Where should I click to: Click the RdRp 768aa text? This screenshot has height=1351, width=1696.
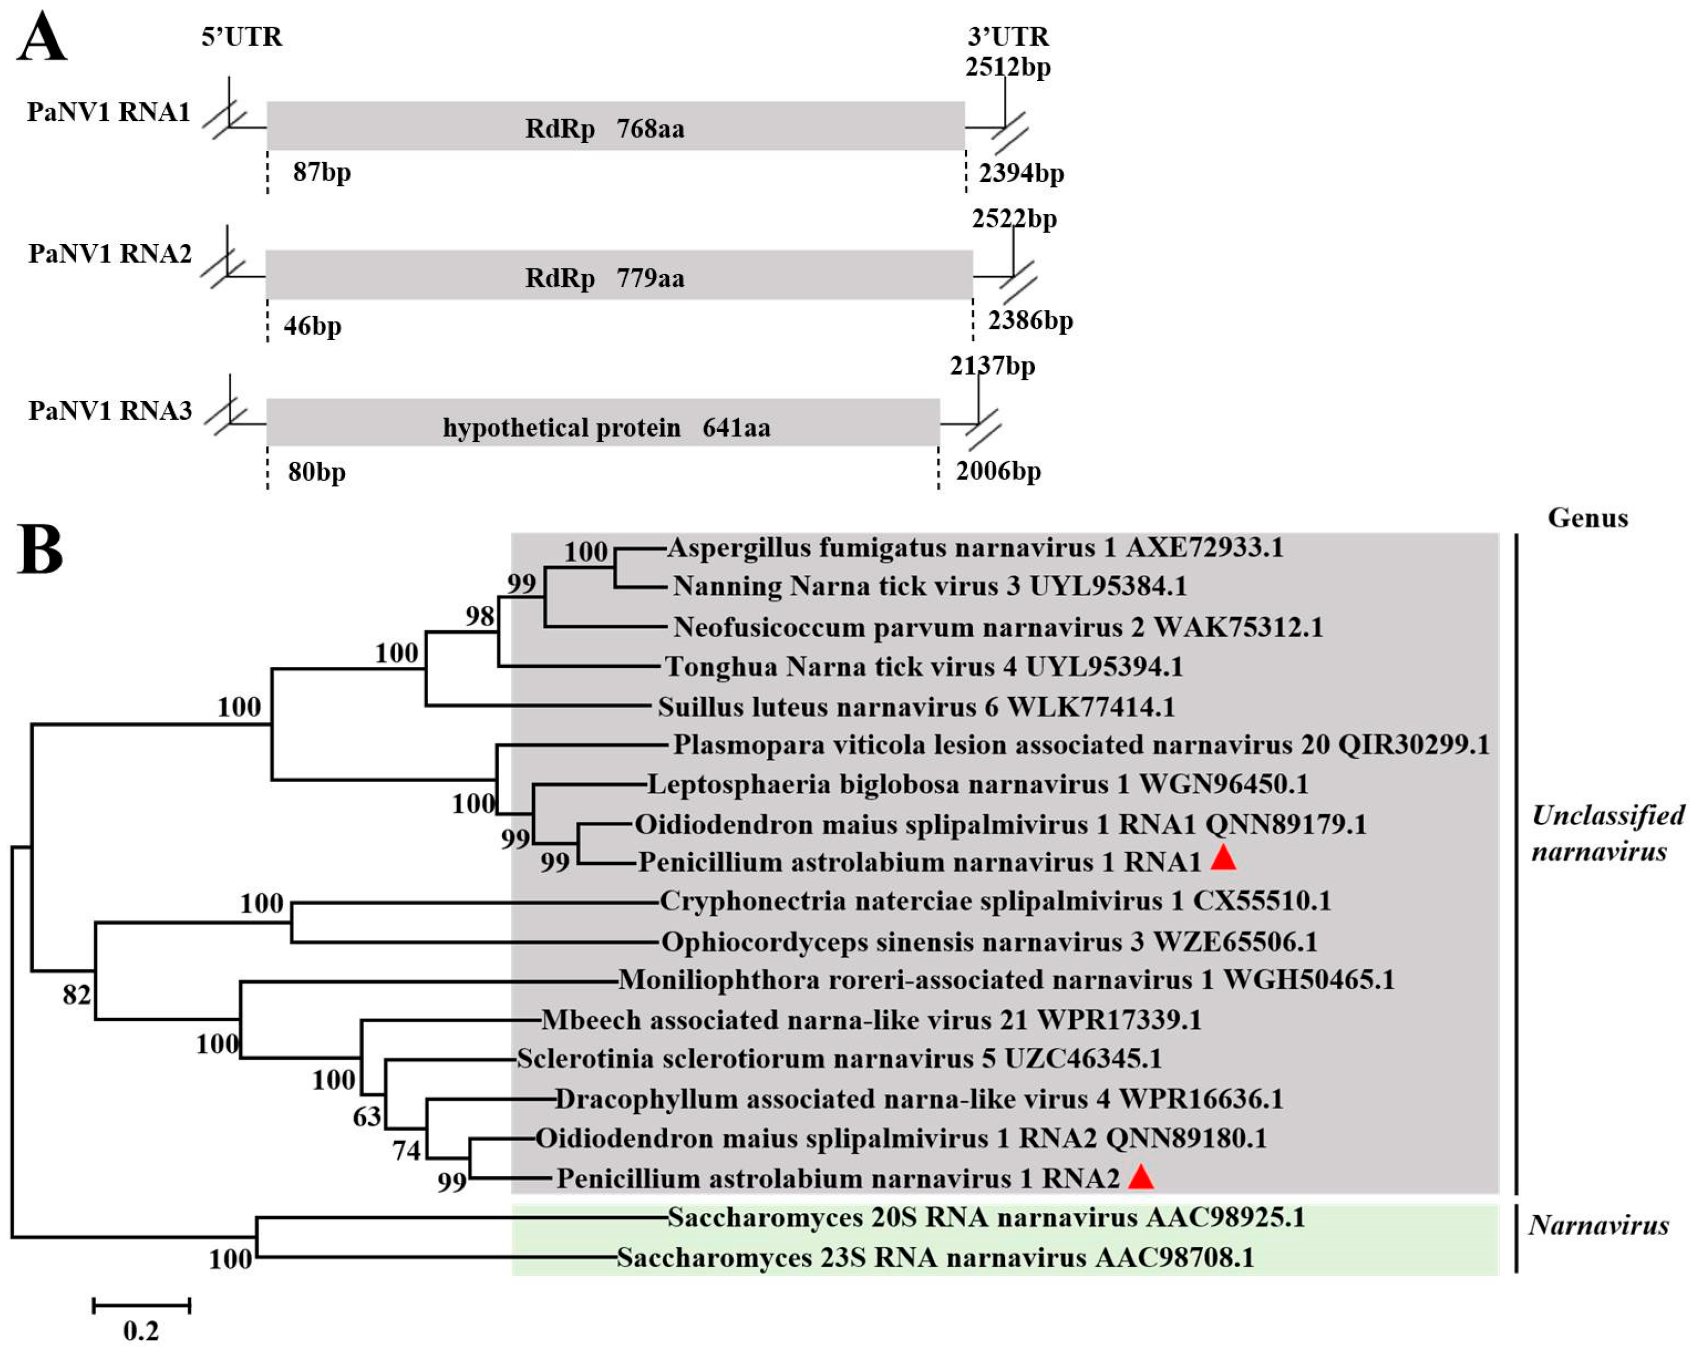pyautogui.click(x=604, y=127)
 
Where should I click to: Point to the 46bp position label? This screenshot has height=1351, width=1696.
pyautogui.click(x=312, y=325)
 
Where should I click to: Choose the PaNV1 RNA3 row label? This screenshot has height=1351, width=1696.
pyautogui.click(x=110, y=410)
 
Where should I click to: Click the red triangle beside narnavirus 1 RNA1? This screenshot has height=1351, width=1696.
pyautogui.click(x=1223, y=858)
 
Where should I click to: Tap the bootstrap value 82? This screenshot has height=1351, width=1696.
pyautogui.click(x=76, y=995)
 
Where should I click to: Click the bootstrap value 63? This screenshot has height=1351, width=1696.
pyautogui.click(x=367, y=1116)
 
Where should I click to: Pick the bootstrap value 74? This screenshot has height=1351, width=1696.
pyautogui.click(x=407, y=1151)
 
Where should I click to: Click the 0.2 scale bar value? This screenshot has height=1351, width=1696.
pyautogui.click(x=141, y=1330)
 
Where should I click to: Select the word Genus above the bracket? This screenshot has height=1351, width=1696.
pyautogui.click(x=1588, y=518)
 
